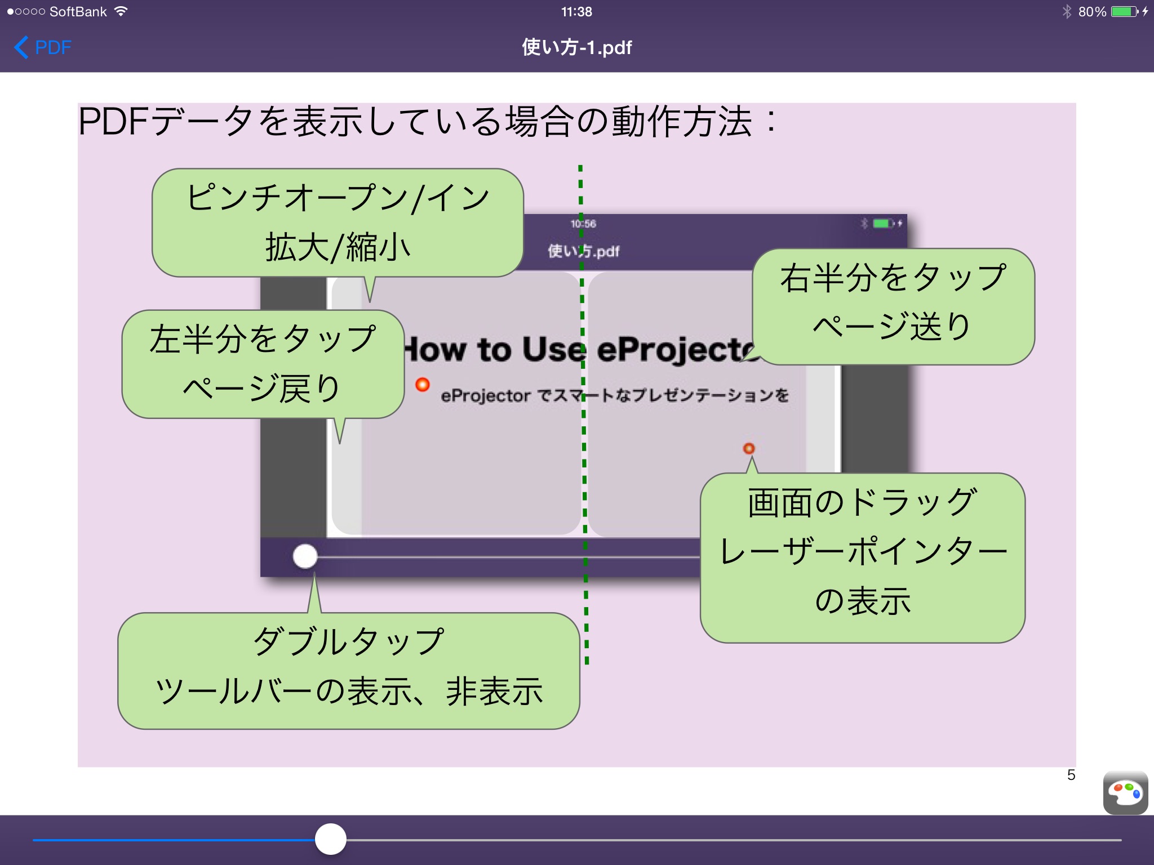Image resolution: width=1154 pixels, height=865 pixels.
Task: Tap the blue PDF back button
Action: click(x=43, y=47)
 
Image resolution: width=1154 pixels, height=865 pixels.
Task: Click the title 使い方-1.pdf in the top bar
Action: click(x=576, y=47)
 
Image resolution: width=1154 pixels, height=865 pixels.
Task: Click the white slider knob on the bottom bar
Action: click(x=331, y=839)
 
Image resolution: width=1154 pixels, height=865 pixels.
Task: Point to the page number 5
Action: click(x=1071, y=775)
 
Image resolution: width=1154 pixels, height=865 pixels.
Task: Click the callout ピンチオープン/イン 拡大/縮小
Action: click(x=338, y=223)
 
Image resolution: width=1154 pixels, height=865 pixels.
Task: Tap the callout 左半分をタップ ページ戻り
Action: click(x=263, y=364)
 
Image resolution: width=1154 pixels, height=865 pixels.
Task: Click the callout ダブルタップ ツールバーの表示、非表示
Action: click(x=349, y=671)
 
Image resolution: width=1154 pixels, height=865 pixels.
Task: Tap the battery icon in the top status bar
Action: click(x=1125, y=12)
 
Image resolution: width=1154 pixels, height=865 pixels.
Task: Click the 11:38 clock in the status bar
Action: click(x=576, y=12)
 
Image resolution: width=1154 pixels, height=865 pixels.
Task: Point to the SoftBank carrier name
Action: click(x=78, y=12)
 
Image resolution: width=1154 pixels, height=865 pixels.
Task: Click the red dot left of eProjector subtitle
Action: click(x=423, y=385)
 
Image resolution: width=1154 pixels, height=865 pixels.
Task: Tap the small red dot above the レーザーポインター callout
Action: click(x=749, y=448)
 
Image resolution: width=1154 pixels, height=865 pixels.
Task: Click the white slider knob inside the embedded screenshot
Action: click(x=305, y=556)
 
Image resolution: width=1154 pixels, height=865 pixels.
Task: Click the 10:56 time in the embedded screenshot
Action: click(x=583, y=224)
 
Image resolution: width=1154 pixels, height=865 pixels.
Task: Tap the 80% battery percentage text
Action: click(x=1092, y=12)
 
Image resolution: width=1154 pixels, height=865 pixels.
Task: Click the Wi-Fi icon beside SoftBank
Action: click(x=121, y=11)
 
